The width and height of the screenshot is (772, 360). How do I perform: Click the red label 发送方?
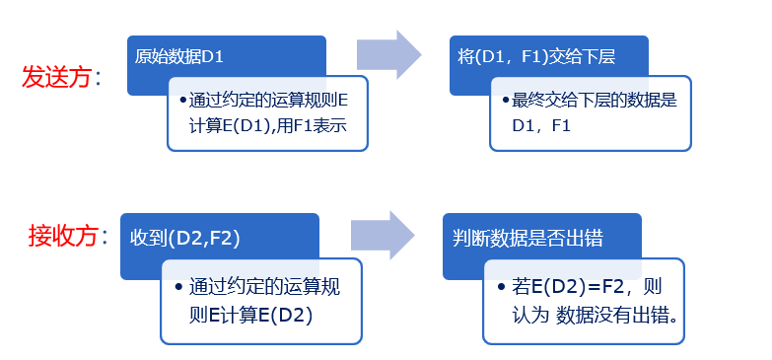click(x=56, y=76)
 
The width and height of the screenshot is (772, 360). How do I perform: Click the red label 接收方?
click(x=62, y=236)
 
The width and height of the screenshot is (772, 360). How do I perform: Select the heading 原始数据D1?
click(x=179, y=56)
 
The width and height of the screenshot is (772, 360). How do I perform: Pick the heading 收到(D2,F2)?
click(x=185, y=239)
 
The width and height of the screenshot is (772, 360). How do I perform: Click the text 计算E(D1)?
click(x=228, y=126)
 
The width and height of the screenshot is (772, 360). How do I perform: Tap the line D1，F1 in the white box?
click(x=541, y=126)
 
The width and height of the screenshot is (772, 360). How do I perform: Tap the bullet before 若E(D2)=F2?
click(x=501, y=289)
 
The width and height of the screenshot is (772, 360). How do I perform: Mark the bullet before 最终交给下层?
click(x=505, y=101)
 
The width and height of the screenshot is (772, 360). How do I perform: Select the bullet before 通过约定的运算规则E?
click(x=182, y=101)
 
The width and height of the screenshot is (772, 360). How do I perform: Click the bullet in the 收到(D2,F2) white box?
click(x=177, y=288)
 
